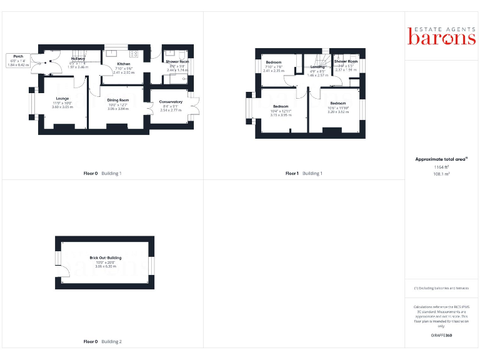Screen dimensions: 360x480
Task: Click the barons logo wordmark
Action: (442, 37)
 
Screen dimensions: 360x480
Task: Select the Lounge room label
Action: (62, 102)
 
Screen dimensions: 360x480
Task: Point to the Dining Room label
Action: (117, 104)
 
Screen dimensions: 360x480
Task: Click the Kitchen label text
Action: (124, 68)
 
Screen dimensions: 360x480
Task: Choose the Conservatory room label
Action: (171, 106)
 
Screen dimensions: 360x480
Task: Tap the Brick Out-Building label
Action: (105, 261)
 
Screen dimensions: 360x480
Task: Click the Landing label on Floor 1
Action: (317, 70)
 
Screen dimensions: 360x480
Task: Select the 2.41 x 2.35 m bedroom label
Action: (273, 67)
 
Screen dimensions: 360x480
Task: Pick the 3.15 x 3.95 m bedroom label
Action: (281, 110)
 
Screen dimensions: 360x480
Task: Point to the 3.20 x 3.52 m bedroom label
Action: (337, 107)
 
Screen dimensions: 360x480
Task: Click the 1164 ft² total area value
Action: (442, 167)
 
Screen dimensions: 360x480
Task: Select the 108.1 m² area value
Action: (442, 174)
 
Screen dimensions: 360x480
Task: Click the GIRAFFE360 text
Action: (442, 336)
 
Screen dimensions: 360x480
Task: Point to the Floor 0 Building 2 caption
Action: (102, 342)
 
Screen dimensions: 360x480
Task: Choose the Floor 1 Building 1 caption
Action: (304, 173)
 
